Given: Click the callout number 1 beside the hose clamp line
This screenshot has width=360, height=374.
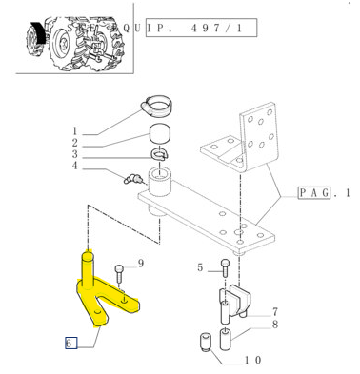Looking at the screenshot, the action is click(75, 131).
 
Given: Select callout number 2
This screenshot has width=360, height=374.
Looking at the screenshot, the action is click(75, 143).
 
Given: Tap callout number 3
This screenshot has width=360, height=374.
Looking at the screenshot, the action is click(75, 154).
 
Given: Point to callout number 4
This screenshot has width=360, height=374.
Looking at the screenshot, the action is click(75, 166).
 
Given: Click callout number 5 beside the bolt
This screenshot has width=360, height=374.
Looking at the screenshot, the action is click(200, 267).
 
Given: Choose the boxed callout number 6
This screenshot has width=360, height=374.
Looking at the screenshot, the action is click(71, 343).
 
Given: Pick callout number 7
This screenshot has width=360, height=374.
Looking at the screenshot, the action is click(275, 312).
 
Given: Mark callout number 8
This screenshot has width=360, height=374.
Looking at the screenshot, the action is click(275, 325).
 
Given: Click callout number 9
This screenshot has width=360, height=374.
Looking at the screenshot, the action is click(141, 264).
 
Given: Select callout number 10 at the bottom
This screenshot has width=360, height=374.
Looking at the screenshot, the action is click(253, 360).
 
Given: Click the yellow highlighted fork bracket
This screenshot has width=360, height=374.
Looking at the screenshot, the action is click(102, 293).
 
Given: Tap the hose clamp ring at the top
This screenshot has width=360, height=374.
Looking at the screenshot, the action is click(155, 105).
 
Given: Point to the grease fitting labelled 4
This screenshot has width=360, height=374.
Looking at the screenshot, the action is click(132, 179).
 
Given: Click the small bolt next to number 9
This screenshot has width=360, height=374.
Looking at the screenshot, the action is click(119, 273).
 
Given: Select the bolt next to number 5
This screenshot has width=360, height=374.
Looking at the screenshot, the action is click(225, 268).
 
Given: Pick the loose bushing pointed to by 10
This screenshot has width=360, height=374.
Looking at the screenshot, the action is click(206, 342).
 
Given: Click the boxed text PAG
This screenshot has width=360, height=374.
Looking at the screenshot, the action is click(314, 193).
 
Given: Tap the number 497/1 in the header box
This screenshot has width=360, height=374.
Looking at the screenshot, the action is click(217, 29).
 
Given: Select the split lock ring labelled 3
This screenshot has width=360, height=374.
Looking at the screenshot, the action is click(160, 154).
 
